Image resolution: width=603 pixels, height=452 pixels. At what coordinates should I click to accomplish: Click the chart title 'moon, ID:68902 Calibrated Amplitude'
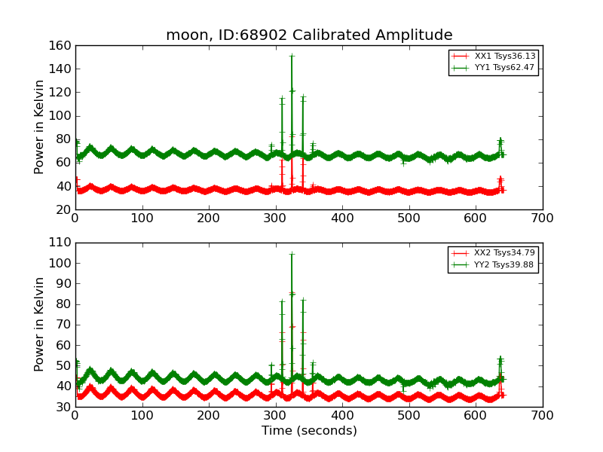point(309,35)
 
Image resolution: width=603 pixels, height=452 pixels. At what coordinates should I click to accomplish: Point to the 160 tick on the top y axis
point(63,46)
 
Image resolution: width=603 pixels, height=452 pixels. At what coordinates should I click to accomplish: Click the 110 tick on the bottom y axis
point(63,243)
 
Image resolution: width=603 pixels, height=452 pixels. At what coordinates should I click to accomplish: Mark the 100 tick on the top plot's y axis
point(63,116)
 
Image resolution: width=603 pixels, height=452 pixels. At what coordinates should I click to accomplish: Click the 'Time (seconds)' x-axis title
point(309,431)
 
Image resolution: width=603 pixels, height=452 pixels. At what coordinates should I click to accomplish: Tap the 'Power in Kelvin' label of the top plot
point(40,127)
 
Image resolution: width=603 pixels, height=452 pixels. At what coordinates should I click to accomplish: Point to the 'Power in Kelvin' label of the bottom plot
point(40,324)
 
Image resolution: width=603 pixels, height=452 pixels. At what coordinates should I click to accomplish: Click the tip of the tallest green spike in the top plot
point(292,55)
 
